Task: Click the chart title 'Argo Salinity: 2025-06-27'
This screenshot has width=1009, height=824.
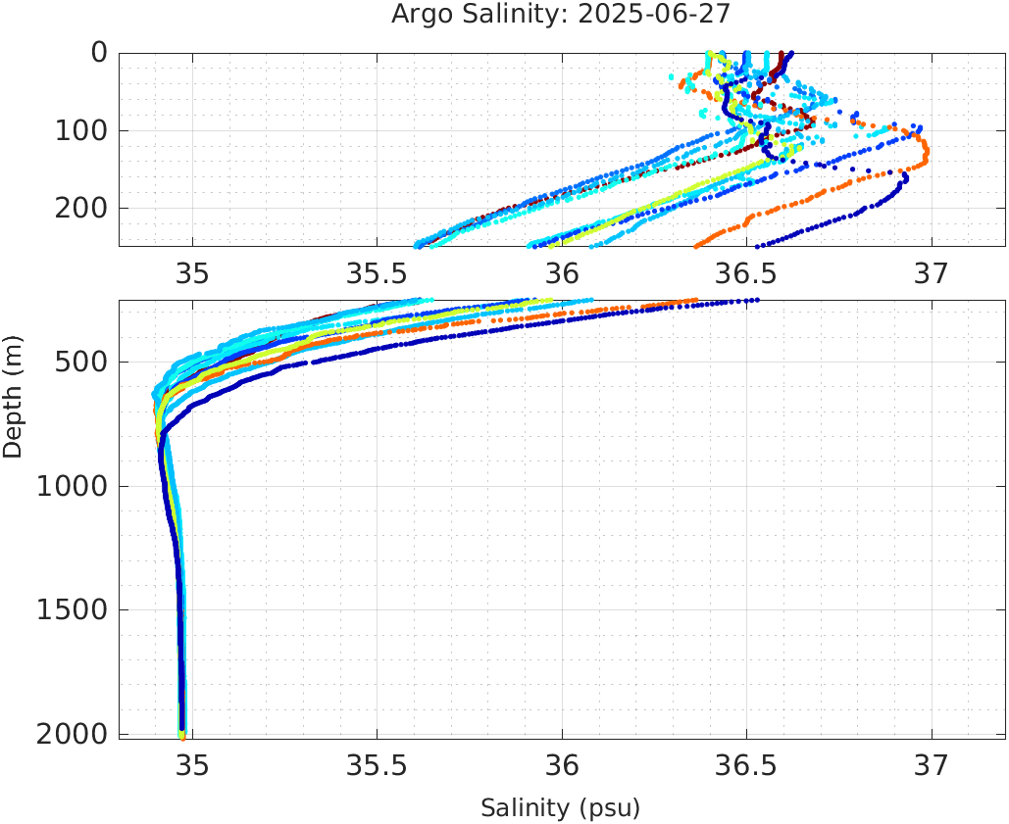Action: [561, 15]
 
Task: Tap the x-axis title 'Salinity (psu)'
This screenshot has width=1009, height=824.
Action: [560, 808]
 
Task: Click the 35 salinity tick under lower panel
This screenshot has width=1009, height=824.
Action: [192, 764]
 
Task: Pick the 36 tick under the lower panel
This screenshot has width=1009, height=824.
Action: [562, 764]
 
